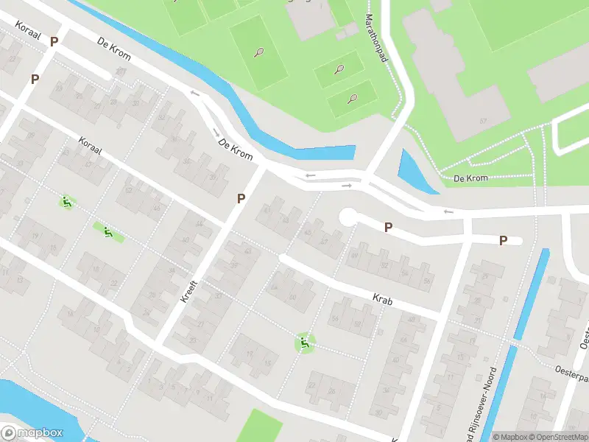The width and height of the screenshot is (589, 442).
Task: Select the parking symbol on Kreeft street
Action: pyautogui.click(x=241, y=198)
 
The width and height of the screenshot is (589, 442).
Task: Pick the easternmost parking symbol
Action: pyautogui.click(x=504, y=240)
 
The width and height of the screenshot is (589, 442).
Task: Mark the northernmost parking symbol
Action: pyautogui.click(x=54, y=42)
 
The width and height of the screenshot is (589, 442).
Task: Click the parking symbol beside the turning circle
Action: pyautogui.click(x=388, y=228)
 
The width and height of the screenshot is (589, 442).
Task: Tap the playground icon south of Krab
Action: pyautogui.click(x=304, y=343)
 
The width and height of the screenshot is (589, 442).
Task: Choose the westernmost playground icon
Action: pyautogui.click(x=66, y=201)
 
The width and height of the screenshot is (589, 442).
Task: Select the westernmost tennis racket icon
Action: pyautogui.click(x=258, y=52)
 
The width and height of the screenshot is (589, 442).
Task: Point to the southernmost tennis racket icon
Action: pyautogui.click(x=353, y=99)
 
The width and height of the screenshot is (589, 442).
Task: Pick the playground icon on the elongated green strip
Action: pyautogui.click(x=108, y=233)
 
